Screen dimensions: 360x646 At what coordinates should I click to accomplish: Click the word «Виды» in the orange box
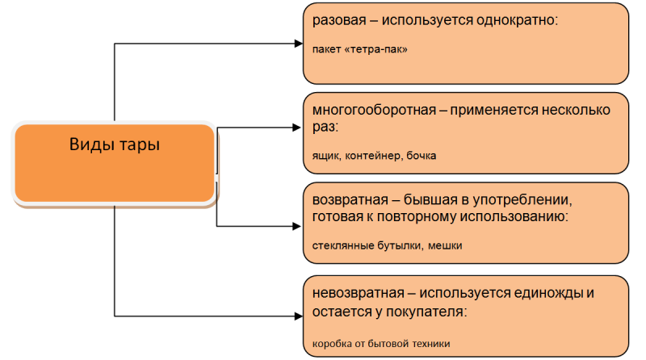89,146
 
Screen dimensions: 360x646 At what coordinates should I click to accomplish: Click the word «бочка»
422,155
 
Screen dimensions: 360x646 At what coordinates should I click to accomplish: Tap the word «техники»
430,343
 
